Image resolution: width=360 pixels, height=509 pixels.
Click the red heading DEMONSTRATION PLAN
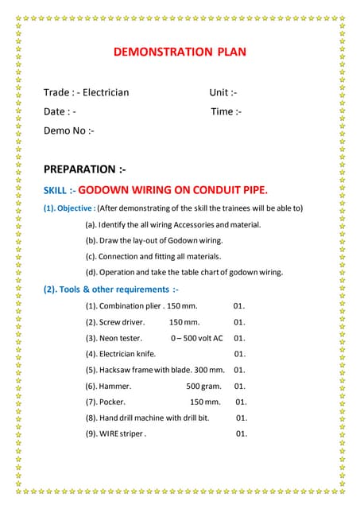(180, 52)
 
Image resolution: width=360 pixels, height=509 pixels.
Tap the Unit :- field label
(223, 92)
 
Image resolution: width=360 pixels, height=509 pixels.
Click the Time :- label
(226, 111)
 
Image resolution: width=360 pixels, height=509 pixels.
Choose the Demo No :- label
(69, 130)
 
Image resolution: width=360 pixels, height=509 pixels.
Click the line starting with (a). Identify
(172, 225)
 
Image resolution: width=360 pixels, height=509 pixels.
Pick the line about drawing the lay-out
(153, 240)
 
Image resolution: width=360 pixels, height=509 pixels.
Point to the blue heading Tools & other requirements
(112, 289)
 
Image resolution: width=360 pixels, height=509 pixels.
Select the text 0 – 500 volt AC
(196, 338)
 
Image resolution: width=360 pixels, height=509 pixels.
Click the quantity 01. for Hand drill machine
(242, 418)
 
